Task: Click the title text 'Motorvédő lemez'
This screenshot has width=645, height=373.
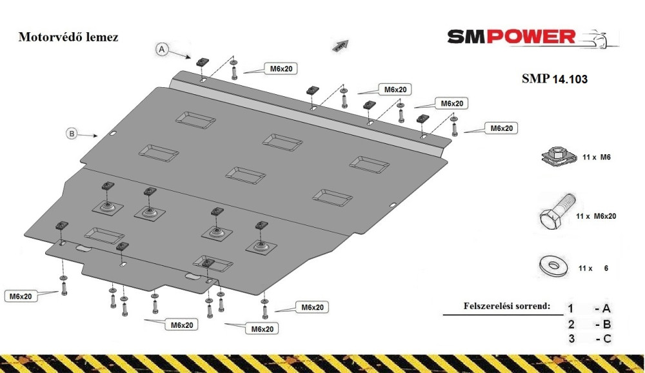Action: click(x=68, y=37)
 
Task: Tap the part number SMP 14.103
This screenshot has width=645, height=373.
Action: click(x=555, y=79)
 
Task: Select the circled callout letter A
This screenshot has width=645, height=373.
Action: click(x=162, y=50)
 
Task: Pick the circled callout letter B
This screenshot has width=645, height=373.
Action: click(x=72, y=134)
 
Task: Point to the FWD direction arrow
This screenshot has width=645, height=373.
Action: click(x=341, y=45)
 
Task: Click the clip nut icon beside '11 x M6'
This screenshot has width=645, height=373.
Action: click(x=556, y=157)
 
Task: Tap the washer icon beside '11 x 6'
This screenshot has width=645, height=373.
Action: click(x=553, y=267)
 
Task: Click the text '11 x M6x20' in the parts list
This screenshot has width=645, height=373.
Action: click(x=596, y=216)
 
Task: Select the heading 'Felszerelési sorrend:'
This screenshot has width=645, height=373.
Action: click(x=507, y=306)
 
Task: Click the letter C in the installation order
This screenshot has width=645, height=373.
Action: click(x=607, y=339)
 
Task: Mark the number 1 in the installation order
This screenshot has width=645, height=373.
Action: click(x=571, y=308)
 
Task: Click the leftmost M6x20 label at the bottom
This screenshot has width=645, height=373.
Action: click(x=21, y=296)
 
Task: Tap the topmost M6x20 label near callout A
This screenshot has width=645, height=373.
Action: click(x=281, y=69)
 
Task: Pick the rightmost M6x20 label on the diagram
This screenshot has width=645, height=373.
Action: click(x=502, y=128)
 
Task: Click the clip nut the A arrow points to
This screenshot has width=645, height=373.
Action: click(x=201, y=62)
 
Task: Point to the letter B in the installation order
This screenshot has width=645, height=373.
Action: click(x=607, y=325)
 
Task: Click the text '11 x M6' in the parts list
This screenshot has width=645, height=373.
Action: click(x=597, y=157)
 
